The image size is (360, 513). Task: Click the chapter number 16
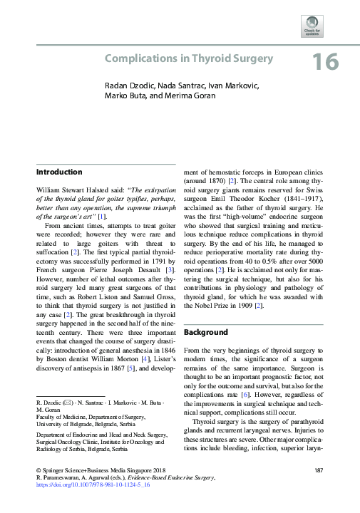(324, 61)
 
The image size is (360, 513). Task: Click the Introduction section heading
(58, 172)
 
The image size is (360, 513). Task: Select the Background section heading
(207, 333)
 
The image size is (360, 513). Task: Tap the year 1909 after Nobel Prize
(242, 306)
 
